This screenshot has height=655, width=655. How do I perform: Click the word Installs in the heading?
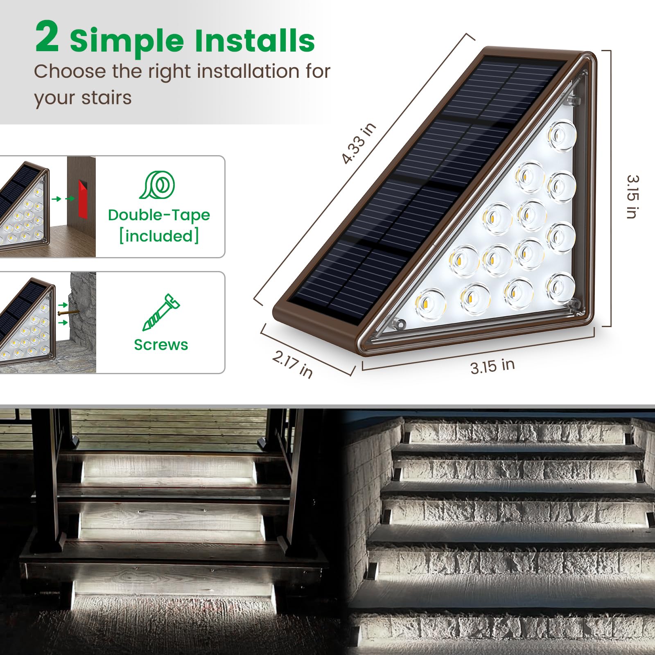(254, 41)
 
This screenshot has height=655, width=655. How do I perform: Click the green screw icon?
(160, 312)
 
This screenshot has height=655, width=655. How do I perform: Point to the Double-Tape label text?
(159, 215)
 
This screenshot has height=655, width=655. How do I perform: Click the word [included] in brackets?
(159, 236)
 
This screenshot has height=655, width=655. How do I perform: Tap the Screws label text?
(161, 345)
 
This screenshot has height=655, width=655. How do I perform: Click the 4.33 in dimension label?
(359, 143)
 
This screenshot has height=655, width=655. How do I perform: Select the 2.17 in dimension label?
(293, 364)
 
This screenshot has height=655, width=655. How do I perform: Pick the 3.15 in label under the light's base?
(492, 366)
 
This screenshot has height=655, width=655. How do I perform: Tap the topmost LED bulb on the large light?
(562, 135)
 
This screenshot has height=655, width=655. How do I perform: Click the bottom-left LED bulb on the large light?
(430, 304)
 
